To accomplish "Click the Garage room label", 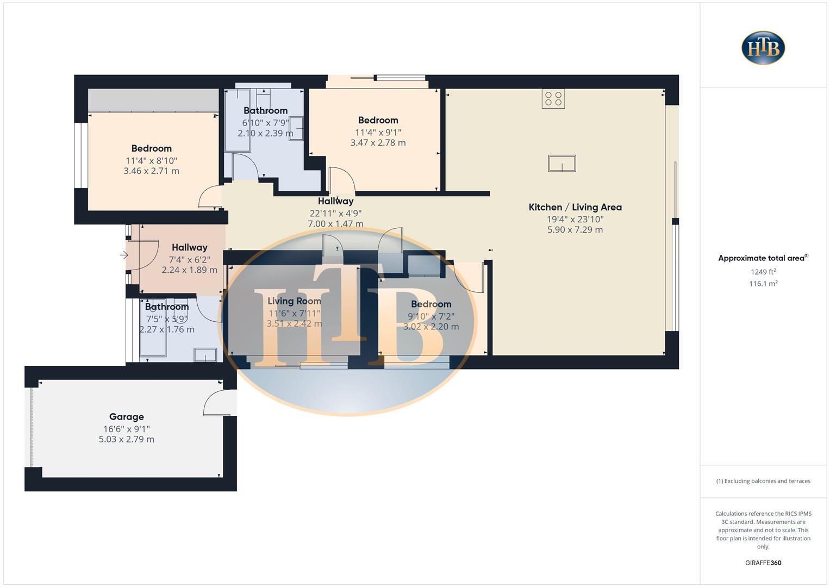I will click(x=127, y=417).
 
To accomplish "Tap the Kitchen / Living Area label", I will click(x=575, y=207).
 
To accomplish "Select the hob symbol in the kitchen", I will click(x=553, y=98).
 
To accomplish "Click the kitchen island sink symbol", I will click(x=562, y=163).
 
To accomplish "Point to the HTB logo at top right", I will click(x=763, y=48).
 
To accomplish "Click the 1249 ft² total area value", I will click(x=763, y=272).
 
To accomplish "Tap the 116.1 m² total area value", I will click(x=763, y=284).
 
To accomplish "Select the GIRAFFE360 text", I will click(x=763, y=563).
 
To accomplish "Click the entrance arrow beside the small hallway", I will click(x=124, y=254).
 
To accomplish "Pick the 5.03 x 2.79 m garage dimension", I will click(x=127, y=439).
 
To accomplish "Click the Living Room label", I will click(x=294, y=301).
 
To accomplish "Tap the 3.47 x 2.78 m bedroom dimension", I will click(x=378, y=143).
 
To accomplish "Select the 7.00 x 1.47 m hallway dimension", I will click(x=335, y=224).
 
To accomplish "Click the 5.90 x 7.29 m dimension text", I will click(x=575, y=230).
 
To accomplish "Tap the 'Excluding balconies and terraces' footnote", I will click(x=763, y=481).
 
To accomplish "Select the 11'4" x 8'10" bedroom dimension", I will click(x=151, y=160).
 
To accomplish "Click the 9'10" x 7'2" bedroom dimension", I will click(x=431, y=316).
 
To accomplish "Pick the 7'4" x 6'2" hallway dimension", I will click(x=189, y=260).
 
